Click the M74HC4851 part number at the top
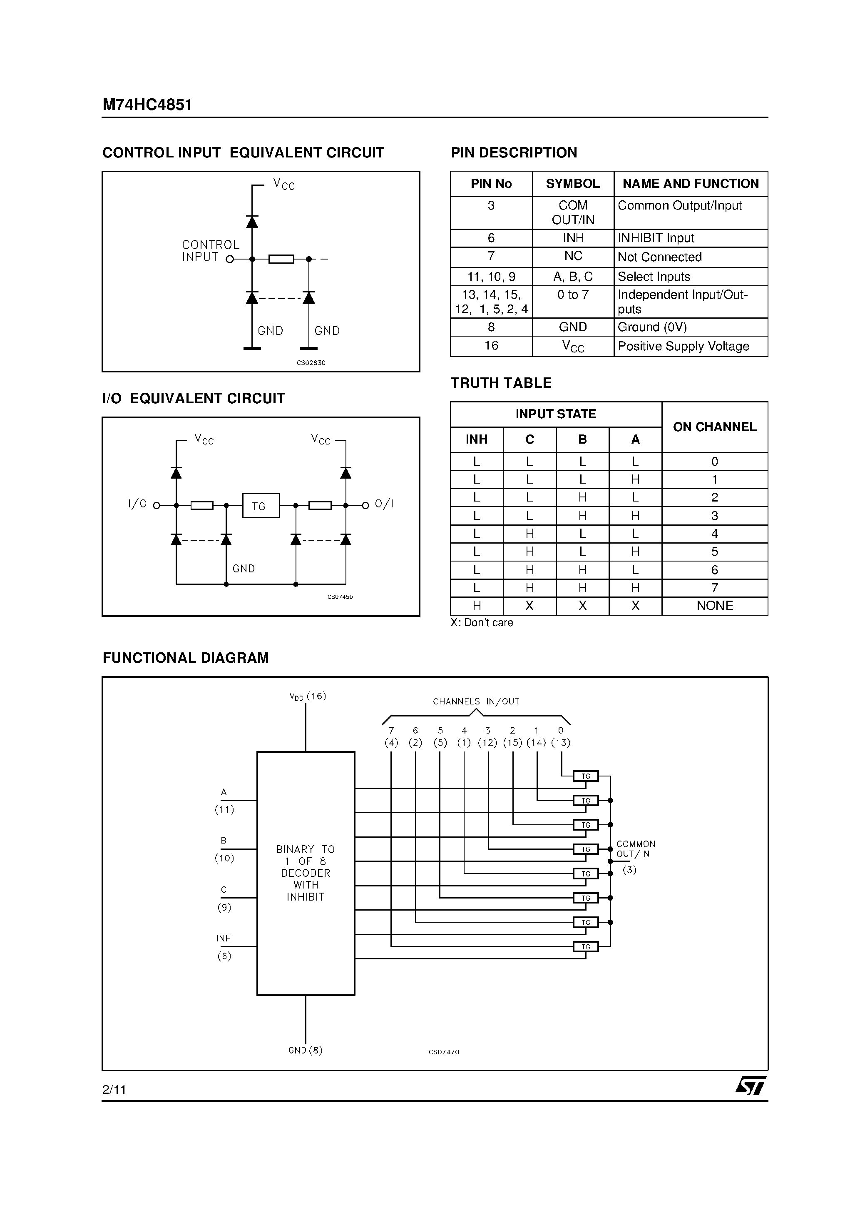click(147, 105)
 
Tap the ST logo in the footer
click(750, 1086)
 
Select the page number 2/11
click(114, 1090)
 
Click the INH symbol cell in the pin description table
click(573, 238)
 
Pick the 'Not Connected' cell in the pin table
click(660, 257)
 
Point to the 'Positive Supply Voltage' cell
click(684, 347)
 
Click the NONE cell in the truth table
click(714, 606)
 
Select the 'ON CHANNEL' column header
click(714, 427)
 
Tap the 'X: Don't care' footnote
click(482, 623)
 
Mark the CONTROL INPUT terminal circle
click(230, 260)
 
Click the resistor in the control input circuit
click(281, 259)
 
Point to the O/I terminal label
click(384, 504)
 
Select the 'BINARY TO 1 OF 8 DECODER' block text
click(306, 873)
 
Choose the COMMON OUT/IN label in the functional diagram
click(635, 849)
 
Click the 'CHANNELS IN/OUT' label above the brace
click(476, 701)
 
